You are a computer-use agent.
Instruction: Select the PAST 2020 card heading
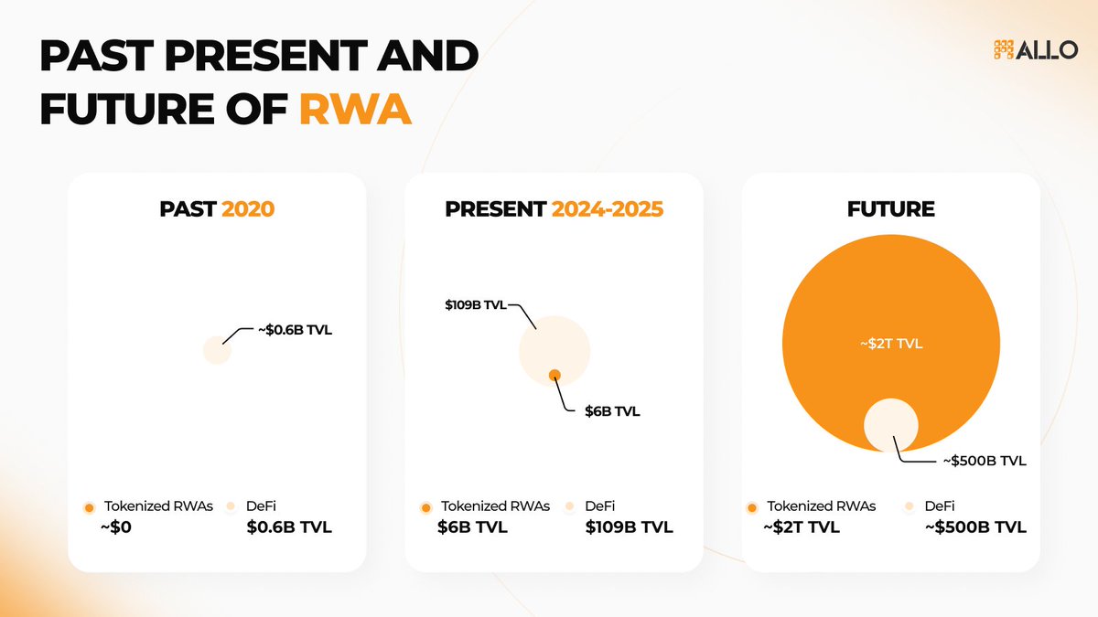click(217, 209)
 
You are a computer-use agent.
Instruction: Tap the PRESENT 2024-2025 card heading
click(554, 209)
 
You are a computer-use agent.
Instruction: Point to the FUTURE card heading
click(889, 209)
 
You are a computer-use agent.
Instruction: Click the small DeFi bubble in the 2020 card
click(217, 350)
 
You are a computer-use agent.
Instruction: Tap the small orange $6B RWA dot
click(554, 375)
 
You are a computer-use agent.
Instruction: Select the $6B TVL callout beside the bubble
click(612, 411)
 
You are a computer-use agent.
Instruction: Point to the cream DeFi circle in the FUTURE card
click(891, 426)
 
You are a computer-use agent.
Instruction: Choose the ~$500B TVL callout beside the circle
click(985, 461)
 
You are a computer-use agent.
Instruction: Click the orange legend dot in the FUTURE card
click(752, 507)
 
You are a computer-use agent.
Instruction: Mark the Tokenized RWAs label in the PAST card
click(158, 505)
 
